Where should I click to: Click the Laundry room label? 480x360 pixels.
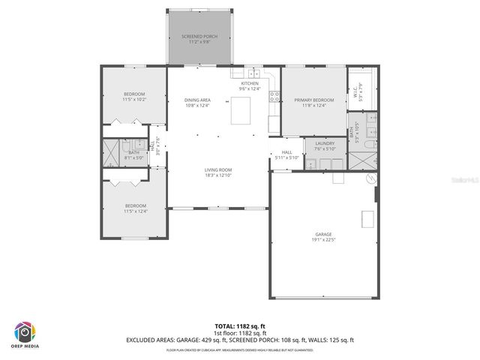point(324,145)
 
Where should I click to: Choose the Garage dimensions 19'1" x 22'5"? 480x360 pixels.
point(324,240)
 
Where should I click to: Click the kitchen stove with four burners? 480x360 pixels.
point(275,96)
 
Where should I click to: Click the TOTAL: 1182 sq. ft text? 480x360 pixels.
point(239,326)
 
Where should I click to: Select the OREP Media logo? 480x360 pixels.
point(25,333)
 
